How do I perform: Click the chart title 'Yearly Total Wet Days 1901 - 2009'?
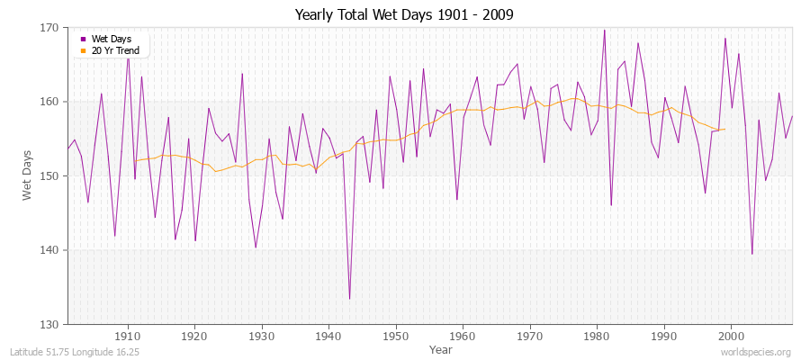tap(404, 15)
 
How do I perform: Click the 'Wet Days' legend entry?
tap(112, 39)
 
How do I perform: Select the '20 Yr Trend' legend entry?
tap(116, 50)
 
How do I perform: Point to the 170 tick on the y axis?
tap(49, 28)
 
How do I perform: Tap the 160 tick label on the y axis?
tap(49, 102)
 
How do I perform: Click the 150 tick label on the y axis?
tap(49, 175)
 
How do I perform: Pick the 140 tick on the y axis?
tap(49, 250)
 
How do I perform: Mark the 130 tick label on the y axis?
tap(49, 324)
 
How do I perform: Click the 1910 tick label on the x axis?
tap(127, 336)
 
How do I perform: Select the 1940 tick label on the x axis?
tap(328, 336)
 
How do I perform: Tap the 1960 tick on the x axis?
tap(463, 336)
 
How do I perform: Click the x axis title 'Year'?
tap(441, 348)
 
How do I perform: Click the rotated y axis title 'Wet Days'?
tap(27, 175)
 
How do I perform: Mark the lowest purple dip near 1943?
tap(349, 299)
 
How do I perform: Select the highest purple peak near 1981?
tap(604, 30)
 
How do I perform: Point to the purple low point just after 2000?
tap(751, 254)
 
